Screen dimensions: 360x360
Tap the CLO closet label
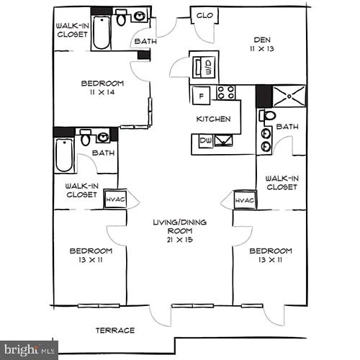204,15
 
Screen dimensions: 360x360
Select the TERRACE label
115,330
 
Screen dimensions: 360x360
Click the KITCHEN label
214,119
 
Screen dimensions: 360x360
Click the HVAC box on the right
245,200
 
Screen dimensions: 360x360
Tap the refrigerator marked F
202,94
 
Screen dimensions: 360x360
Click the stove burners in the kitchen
225,93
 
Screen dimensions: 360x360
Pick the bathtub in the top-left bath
101,31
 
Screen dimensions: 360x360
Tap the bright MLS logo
29,351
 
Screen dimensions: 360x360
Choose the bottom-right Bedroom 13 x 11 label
270,255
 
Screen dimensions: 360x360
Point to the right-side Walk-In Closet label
281,183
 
